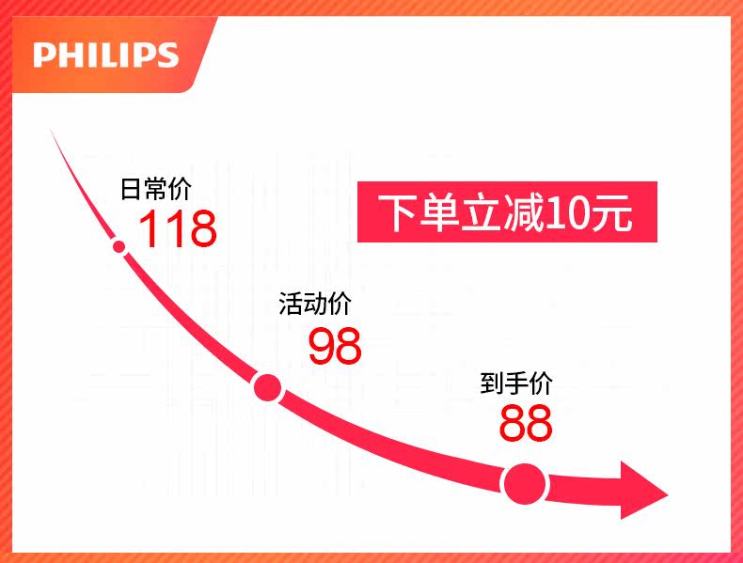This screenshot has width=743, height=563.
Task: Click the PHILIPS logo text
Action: [x=105, y=55]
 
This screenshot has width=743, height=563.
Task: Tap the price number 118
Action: [x=178, y=228]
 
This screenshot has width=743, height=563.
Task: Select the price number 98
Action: [x=335, y=347]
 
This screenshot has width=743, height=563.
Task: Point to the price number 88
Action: [x=526, y=423]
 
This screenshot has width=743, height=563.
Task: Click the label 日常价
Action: [x=156, y=189]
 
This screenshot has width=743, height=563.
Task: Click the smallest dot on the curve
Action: [x=119, y=247]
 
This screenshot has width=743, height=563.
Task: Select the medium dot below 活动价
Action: [x=268, y=386]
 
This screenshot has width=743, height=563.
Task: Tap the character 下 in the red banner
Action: [x=396, y=214]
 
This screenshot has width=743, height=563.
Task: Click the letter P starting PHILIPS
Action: [x=44, y=55]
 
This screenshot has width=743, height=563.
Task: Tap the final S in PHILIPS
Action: [x=167, y=55]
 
